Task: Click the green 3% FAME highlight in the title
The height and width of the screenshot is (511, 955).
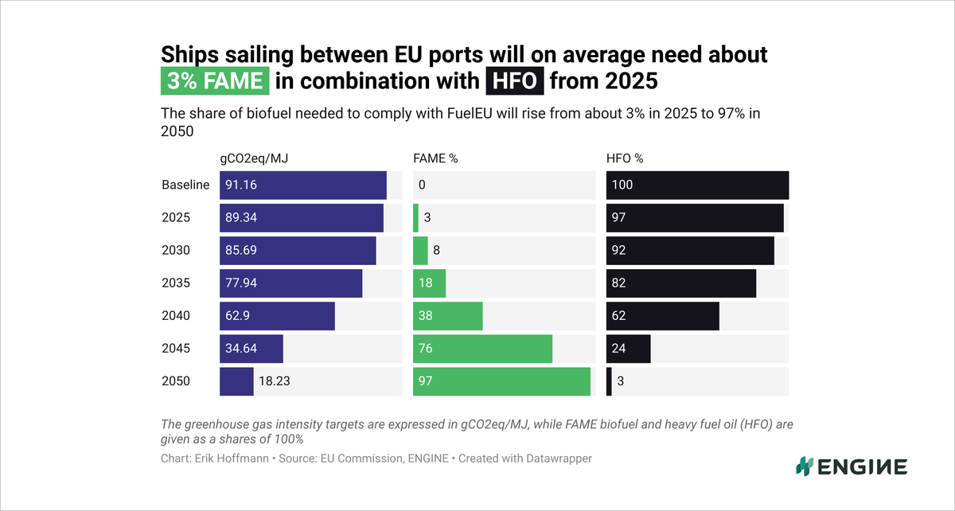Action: (216, 80)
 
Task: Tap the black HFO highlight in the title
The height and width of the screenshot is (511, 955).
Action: (514, 80)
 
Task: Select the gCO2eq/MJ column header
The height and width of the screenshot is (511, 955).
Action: (254, 158)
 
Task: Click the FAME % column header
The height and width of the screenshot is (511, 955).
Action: (435, 158)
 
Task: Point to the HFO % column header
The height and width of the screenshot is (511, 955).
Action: (625, 158)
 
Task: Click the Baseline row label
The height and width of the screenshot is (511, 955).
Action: (185, 185)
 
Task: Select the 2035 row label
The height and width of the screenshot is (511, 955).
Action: (176, 283)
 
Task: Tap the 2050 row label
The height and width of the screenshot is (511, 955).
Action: (176, 381)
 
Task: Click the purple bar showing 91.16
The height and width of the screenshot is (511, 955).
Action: (303, 185)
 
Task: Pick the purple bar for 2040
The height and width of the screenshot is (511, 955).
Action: (277, 316)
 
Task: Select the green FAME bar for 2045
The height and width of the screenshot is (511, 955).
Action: (482, 349)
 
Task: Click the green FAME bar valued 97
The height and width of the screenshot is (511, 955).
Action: (501, 381)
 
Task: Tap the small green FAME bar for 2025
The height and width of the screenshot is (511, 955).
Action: (415, 217)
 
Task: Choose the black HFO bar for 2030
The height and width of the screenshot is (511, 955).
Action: (690, 250)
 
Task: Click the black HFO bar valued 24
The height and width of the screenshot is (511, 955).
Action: (629, 349)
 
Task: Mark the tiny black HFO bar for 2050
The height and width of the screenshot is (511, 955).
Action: (609, 381)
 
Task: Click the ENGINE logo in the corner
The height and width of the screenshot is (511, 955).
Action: (852, 466)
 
